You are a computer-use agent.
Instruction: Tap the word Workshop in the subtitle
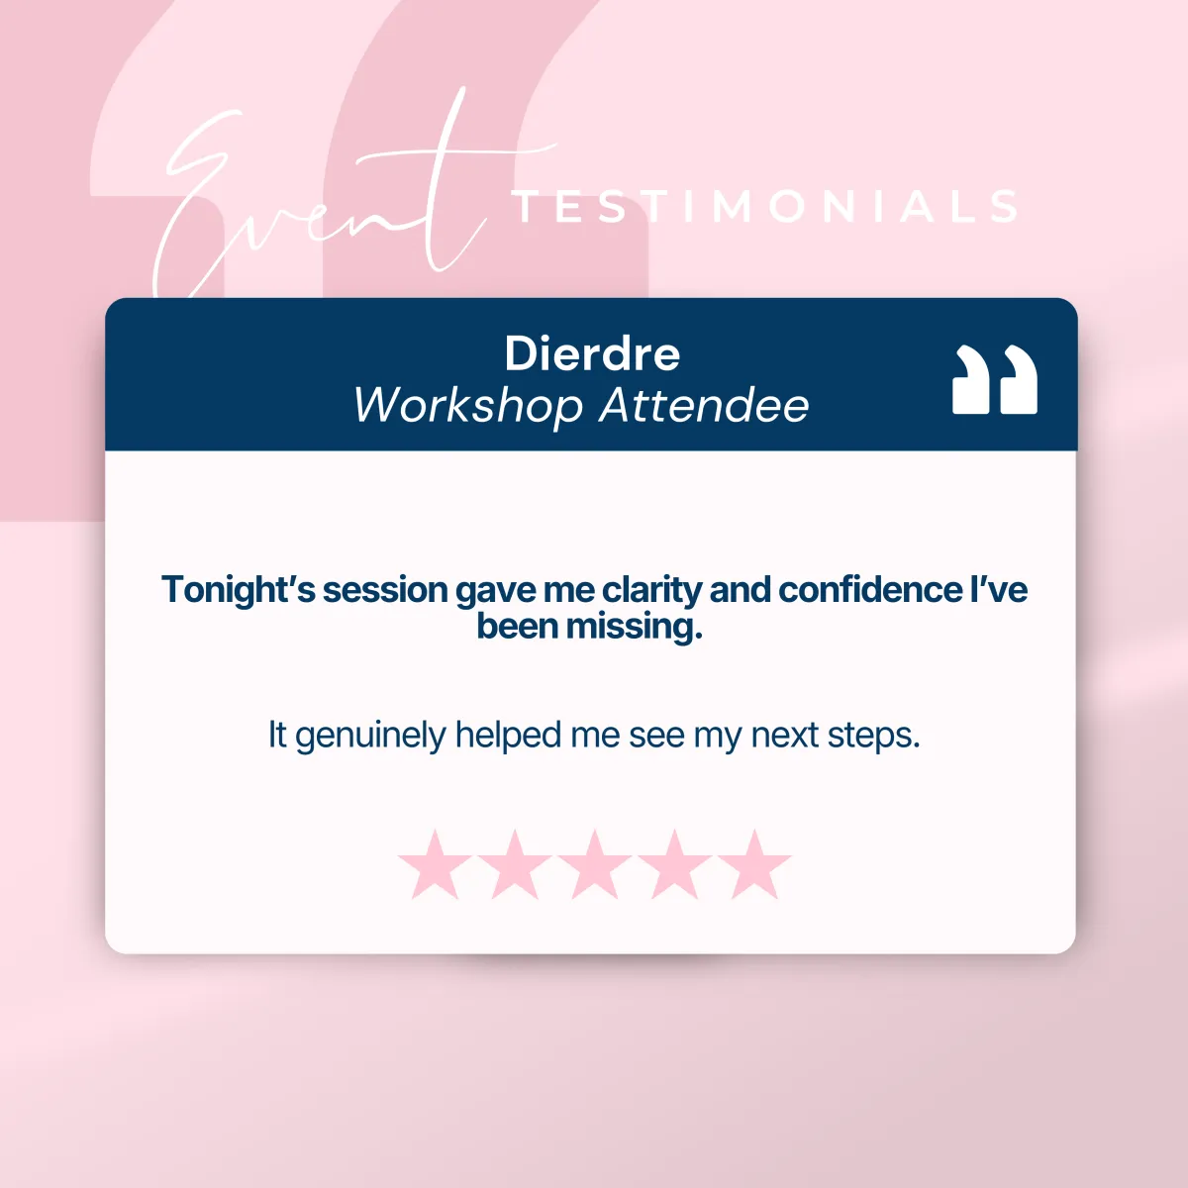point(468,406)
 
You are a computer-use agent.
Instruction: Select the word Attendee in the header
point(704,405)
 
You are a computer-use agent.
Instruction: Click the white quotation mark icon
point(994,379)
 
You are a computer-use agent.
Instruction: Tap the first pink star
point(435,864)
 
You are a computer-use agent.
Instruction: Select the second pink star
point(515,864)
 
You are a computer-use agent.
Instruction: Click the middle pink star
point(594,864)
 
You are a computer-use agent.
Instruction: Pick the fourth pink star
point(674,864)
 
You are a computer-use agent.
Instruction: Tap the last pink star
point(754,864)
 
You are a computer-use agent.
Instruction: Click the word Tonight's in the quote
point(238,590)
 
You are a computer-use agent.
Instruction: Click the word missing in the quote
point(635,628)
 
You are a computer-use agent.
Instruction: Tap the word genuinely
point(370,736)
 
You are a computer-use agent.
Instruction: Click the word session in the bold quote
point(385,590)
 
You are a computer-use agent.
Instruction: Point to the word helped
point(508,735)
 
